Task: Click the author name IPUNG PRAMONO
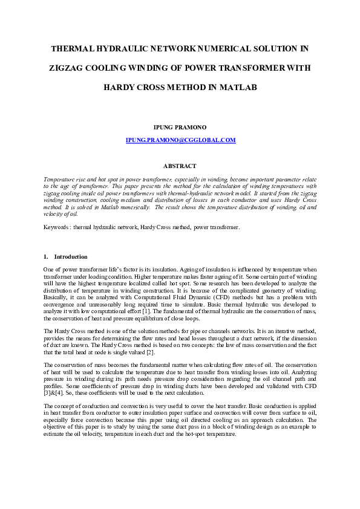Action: [180, 127]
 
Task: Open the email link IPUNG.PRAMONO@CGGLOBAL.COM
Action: [180, 140]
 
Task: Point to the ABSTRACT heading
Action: [180, 166]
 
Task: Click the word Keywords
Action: [57, 227]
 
